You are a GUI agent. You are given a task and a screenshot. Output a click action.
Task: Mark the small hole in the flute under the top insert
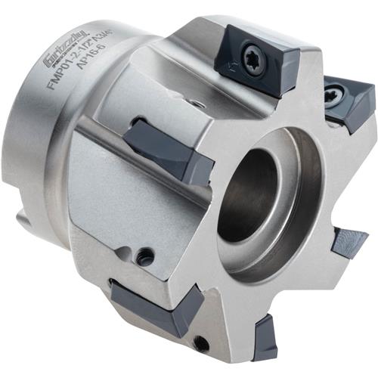[195, 104]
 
